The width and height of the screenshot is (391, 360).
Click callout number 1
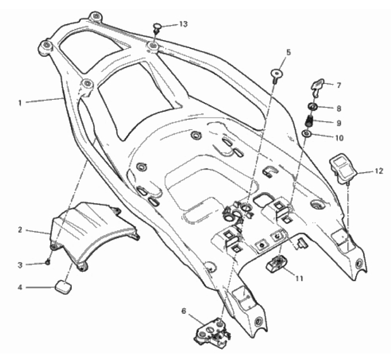pos(20,103)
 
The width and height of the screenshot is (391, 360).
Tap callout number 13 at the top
pos(183,24)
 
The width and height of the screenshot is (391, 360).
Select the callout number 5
pos(288,53)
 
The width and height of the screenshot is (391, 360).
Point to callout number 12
pos(379,171)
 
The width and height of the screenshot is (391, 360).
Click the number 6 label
pos(184,312)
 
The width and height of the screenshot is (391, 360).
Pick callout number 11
pos(299,278)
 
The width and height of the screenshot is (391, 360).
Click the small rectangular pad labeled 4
pos(63,287)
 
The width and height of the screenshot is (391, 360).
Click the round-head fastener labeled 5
pos(276,76)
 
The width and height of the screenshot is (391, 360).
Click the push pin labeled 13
pos(156,28)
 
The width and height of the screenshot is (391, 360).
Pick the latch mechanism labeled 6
pos(213,333)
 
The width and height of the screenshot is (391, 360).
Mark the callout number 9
pos(339,123)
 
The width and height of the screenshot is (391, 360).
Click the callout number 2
pos(20,230)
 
